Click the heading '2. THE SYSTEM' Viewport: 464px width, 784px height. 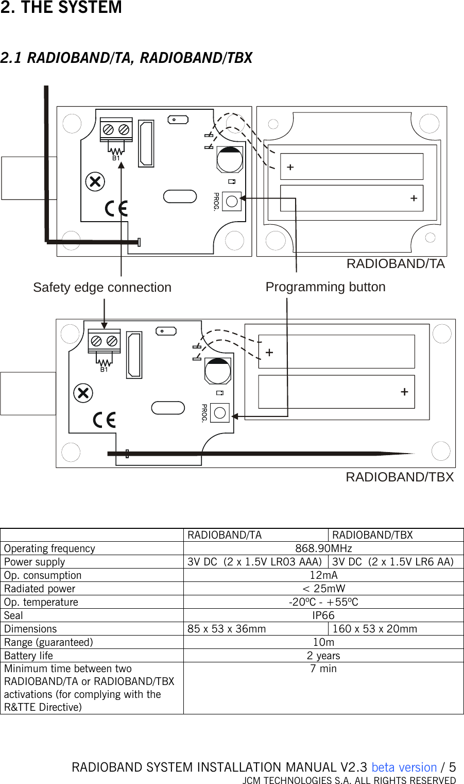[x=61, y=8]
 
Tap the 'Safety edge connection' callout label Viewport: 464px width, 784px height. [x=102, y=288]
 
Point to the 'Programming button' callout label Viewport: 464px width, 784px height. [x=325, y=287]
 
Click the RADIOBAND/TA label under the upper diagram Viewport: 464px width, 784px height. [x=396, y=264]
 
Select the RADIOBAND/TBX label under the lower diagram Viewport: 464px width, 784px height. [x=400, y=477]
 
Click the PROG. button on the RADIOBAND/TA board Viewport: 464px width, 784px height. [x=232, y=202]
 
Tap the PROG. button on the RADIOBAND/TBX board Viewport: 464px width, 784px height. [x=220, y=413]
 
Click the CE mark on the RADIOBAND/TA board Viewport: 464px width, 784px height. [x=116, y=208]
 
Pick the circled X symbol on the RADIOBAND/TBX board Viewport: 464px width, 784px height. [x=83, y=393]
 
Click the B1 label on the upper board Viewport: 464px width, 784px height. [x=116, y=159]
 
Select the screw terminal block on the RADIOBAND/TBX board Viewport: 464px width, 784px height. [x=104, y=341]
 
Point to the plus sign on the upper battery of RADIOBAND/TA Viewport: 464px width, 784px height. [x=290, y=167]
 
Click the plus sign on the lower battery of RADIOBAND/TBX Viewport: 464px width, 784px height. [x=404, y=392]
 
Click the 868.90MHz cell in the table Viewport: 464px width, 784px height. [x=323, y=548]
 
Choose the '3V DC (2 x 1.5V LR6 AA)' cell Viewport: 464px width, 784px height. [x=393, y=562]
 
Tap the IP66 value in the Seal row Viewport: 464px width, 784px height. [x=323, y=615]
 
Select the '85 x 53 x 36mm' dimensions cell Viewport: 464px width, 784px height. [x=227, y=629]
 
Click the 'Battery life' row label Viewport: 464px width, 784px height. [x=29, y=656]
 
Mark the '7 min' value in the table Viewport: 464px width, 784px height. [x=323, y=669]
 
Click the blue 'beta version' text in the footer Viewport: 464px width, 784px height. [x=404, y=768]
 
